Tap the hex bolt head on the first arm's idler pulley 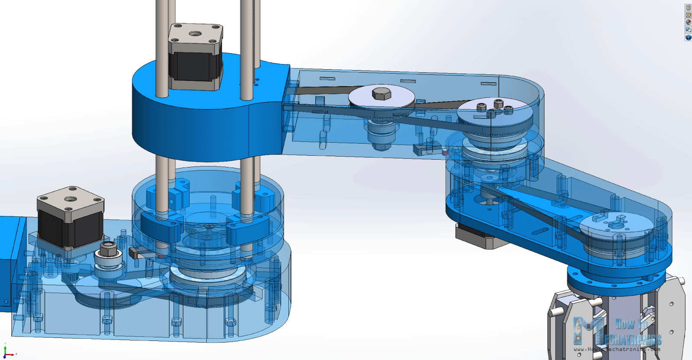(381, 93)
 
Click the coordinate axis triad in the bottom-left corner (7, 351)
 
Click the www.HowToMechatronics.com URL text (617, 349)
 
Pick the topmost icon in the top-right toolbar (688, 8)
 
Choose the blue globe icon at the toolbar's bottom (688, 37)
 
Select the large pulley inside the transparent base (208, 279)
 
